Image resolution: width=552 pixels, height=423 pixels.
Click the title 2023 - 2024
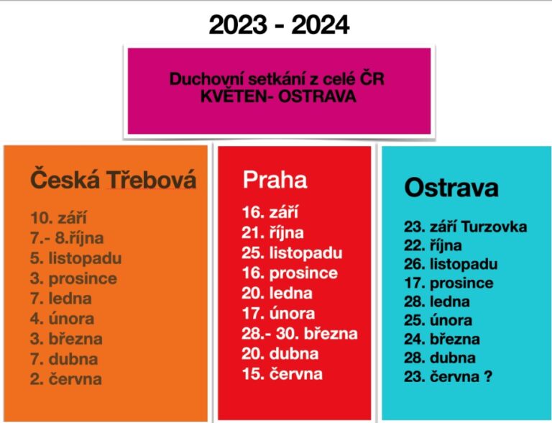coord(279,24)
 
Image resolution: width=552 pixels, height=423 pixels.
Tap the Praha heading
coord(275,179)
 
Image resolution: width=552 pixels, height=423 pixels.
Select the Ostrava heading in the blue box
coord(451,187)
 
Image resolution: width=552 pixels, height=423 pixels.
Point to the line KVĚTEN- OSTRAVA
coord(278,96)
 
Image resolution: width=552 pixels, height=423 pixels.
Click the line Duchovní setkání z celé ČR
coord(277,78)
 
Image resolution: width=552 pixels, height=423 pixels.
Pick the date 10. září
coord(58,217)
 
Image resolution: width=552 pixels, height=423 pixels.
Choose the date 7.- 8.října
coord(67,238)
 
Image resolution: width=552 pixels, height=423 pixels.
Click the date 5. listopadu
coord(76,258)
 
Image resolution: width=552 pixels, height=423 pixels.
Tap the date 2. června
coord(66,379)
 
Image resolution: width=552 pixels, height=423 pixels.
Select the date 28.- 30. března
coord(300,334)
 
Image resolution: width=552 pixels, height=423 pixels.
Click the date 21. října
coord(273,232)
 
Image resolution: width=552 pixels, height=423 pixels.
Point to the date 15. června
coord(282,374)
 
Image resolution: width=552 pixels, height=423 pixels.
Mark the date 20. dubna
coord(280,353)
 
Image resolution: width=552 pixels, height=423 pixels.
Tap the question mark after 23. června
coord(488,376)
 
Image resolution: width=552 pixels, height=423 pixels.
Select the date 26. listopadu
coord(451,264)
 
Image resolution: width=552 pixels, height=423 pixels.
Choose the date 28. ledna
coord(437,301)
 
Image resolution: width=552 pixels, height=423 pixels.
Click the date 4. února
coord(63,319)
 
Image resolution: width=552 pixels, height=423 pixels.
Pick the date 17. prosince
coord(448,283)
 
